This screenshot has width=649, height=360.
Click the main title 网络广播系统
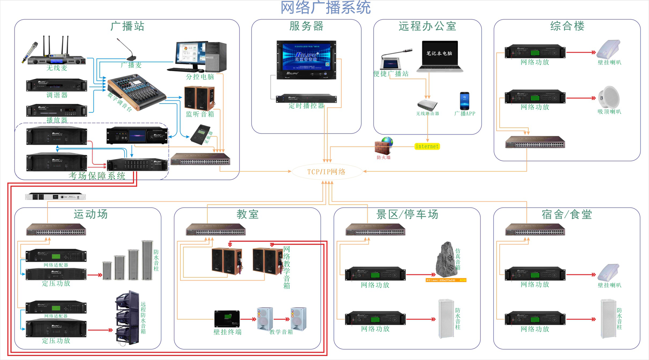tap(325, 8)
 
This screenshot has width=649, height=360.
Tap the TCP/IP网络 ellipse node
tap(326, 172)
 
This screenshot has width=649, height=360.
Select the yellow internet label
tap(427, 146)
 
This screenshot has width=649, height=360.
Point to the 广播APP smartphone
tap(464, 101)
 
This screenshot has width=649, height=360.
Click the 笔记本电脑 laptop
tap(440, 57)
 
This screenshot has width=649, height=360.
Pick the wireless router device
tap(427, 105)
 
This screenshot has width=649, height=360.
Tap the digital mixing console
tap(136, 92)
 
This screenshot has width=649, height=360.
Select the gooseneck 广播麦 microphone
tap(128, 50)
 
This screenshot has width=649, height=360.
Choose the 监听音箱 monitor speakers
tap(199, 98)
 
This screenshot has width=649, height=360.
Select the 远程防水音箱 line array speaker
tap(127, 318)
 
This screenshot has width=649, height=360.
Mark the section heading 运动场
tap(90, 214)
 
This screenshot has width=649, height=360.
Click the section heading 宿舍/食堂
tap(566, 214)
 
